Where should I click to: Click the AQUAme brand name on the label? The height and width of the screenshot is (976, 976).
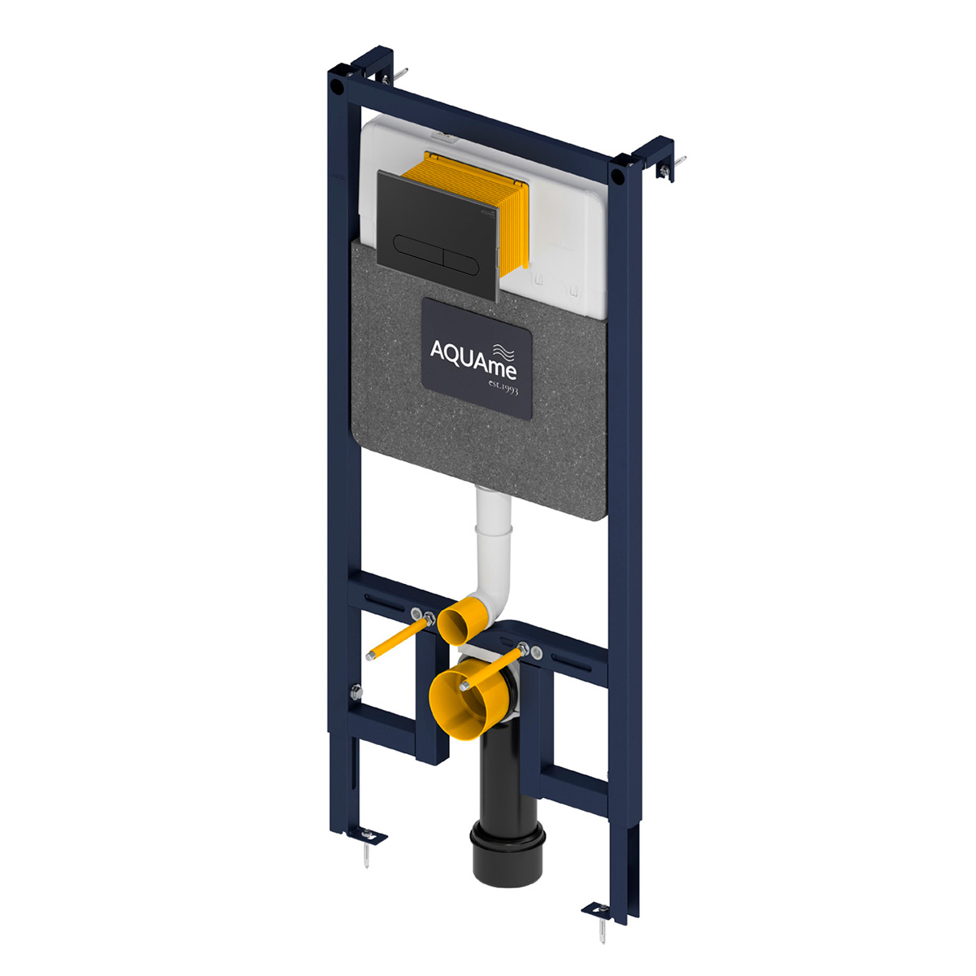coord(473,359)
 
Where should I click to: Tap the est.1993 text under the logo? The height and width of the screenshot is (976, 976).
coord(503,388)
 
